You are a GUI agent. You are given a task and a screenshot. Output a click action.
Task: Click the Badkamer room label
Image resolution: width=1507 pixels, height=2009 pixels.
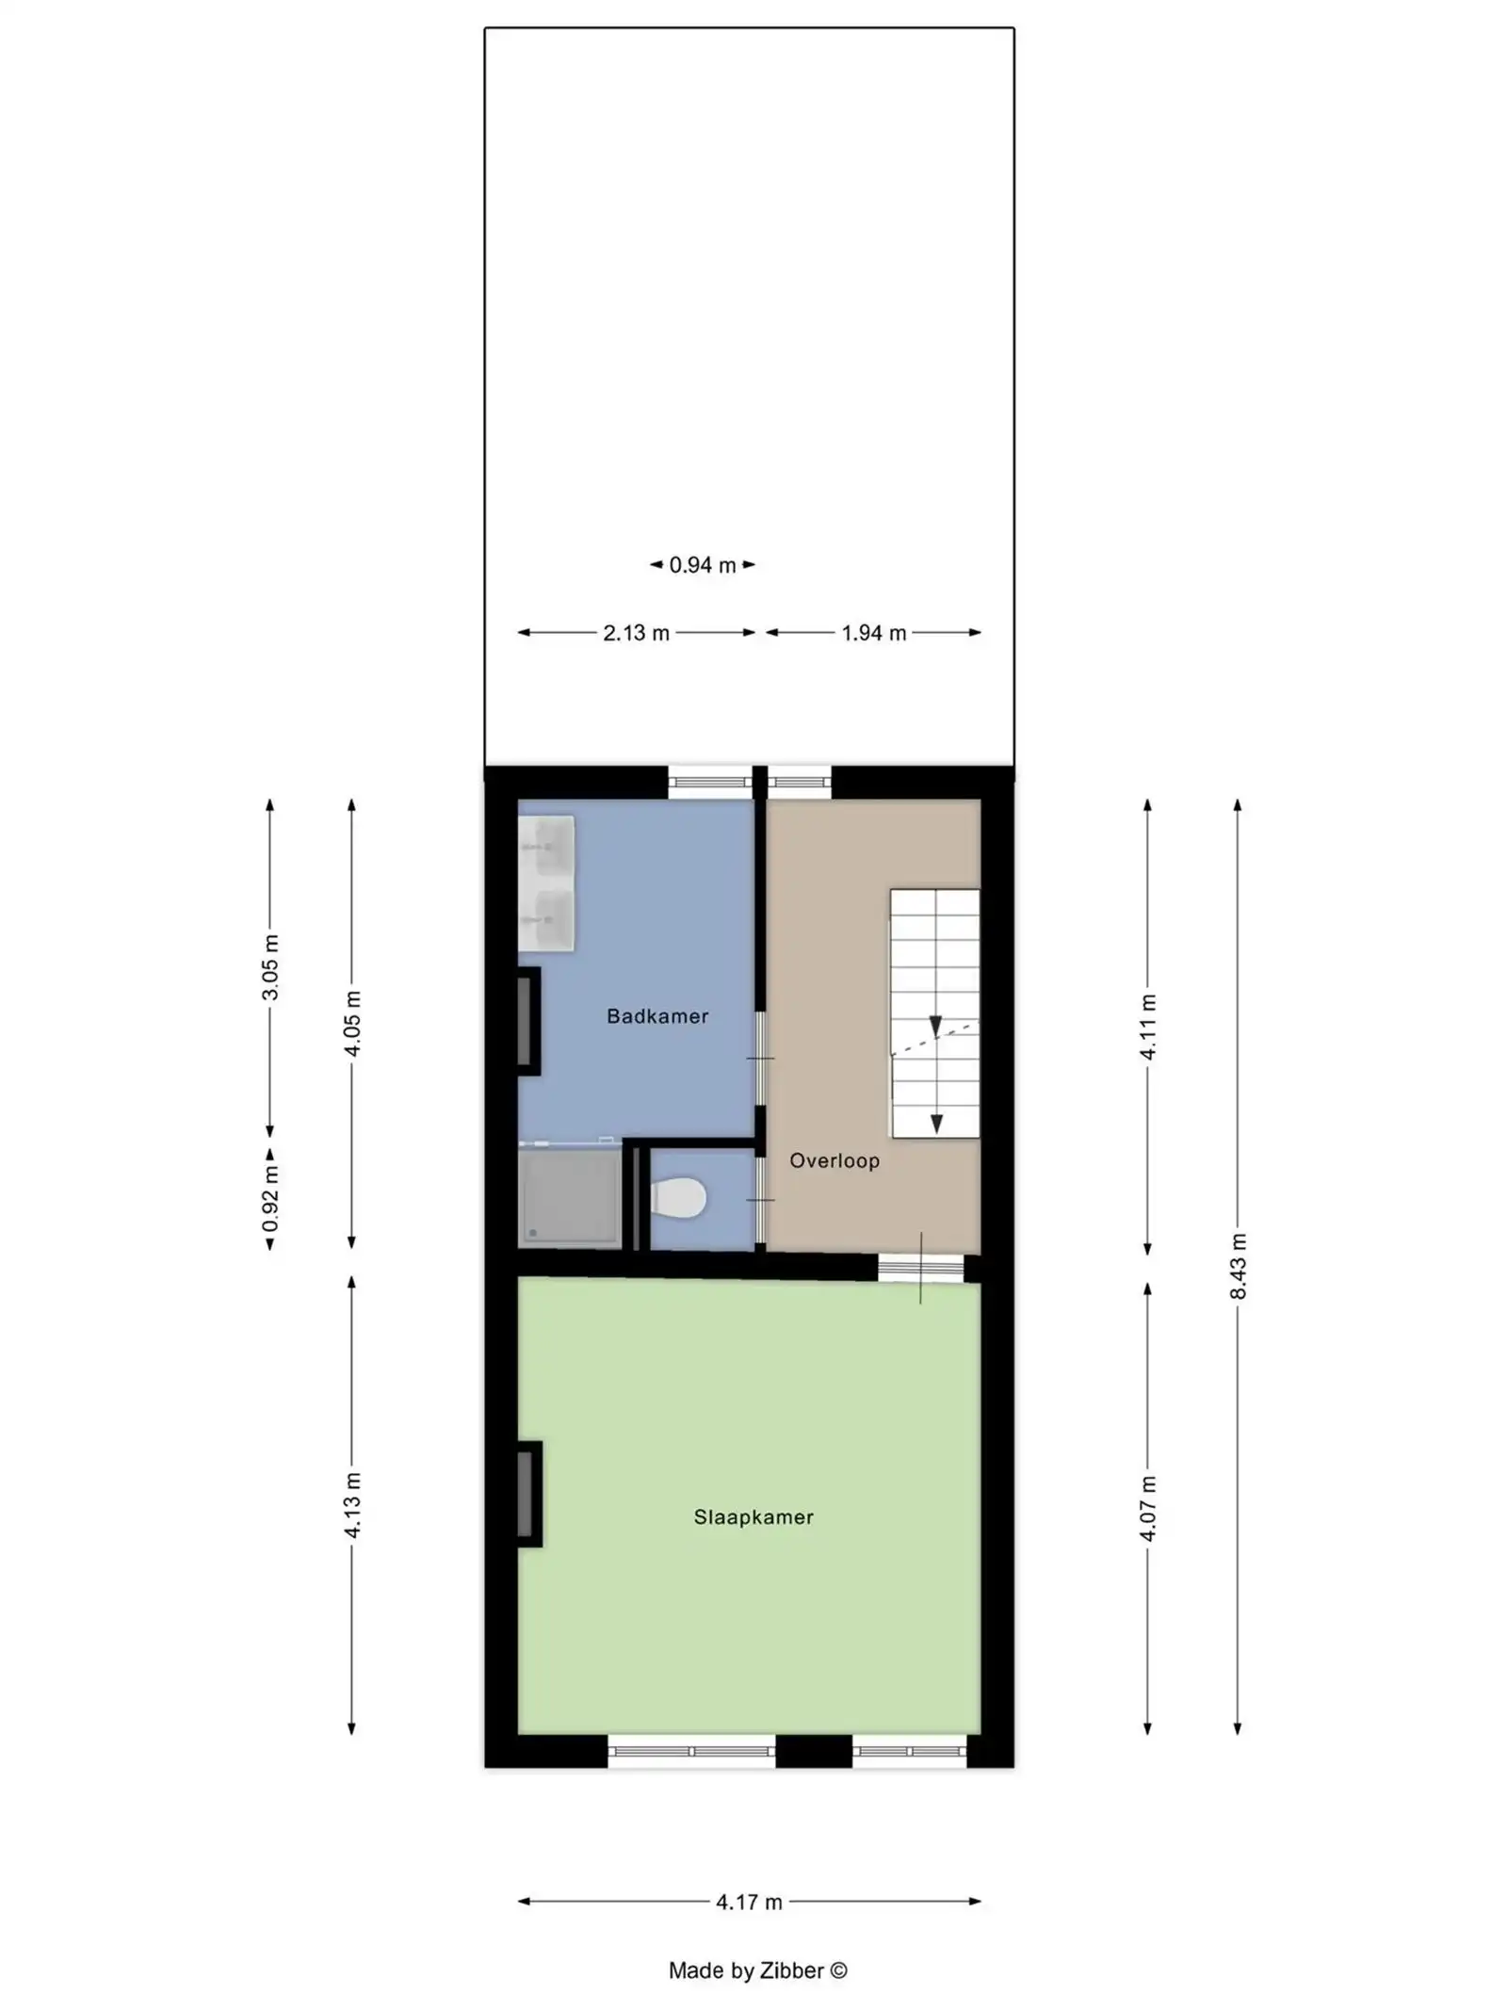point(656,1016)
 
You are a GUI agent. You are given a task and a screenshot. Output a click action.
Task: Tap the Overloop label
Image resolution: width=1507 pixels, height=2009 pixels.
point(834,1160)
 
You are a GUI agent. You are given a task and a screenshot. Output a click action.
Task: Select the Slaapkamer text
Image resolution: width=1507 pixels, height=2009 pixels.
point(753,1516)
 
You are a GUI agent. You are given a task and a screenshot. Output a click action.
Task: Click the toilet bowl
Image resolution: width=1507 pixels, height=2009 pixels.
point(679,1199)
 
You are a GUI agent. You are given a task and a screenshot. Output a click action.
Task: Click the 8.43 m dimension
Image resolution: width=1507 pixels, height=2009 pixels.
point(1238,1266)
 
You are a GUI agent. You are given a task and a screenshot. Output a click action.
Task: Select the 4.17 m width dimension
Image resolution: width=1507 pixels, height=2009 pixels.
point(749,1902)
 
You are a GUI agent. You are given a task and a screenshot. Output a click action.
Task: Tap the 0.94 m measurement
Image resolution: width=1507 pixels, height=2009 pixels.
point(702,565)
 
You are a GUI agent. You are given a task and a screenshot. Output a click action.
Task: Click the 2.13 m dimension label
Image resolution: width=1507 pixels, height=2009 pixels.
point(636,633)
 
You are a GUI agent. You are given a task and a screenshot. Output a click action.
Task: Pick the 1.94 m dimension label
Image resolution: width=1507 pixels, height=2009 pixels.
point(873,633)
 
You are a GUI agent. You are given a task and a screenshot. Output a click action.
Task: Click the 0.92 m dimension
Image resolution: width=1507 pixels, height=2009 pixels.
point(270,1199)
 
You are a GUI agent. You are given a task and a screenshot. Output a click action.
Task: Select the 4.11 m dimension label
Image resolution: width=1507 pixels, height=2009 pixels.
point(1147,1027)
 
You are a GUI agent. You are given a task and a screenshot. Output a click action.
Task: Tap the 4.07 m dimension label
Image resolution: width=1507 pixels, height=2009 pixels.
point(1147,1508)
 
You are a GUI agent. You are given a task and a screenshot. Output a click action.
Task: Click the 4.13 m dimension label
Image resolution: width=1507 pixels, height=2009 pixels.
point(352,1505)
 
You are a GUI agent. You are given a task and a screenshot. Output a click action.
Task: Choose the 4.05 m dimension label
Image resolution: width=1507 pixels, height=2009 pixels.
point(352,1023)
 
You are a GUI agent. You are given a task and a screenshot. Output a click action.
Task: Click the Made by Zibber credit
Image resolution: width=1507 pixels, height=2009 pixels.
point(757,1970)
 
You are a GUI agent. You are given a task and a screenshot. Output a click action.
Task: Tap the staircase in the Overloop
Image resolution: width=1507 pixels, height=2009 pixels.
point(934,1013)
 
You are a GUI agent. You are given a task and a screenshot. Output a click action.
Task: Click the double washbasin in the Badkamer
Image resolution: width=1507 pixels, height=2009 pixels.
point(547,883)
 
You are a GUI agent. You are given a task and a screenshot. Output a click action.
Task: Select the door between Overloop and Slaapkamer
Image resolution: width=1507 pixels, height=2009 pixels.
point(920,1268)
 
